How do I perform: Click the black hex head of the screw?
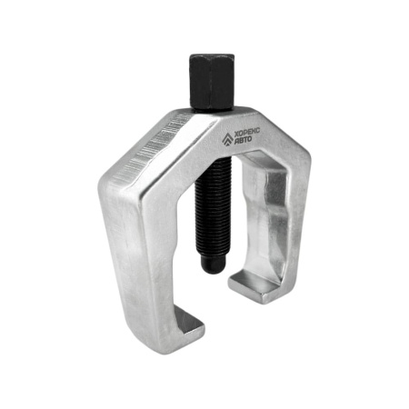(212, 82)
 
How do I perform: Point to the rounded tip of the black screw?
(213, 264)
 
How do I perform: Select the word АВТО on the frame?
(244, 140)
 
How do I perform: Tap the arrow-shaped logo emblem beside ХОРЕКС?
(227, 139)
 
